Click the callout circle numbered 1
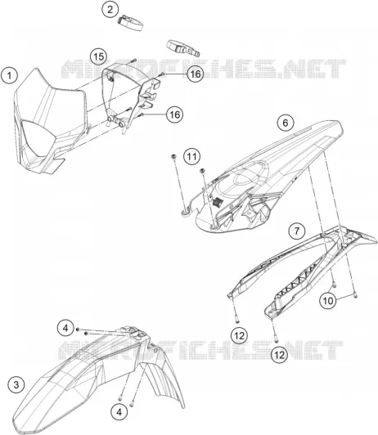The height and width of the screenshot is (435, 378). [x=10, y=75]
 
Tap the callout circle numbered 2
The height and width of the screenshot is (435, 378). [x=110, y=10]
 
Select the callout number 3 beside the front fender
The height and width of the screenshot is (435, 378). [x=16, y=385]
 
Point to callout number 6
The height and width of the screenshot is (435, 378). [x=286, y=123]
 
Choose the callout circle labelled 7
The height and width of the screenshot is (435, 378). [x=297, y=231]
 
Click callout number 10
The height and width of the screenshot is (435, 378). [x=328, y=301]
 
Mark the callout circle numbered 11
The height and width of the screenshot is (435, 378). [x=191, y=157]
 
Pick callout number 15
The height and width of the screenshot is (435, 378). [x=98, y=57]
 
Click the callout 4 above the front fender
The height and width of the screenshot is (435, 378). [x=65, y=328]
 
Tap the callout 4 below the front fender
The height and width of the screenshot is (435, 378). [x=119, y=412]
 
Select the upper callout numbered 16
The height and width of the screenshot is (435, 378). [x=196, y=74]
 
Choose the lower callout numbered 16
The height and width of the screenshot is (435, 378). [x=175, y=114]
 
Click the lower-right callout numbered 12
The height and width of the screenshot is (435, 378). [x=280, y=354]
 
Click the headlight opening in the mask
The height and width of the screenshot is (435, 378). [x=38, y=137]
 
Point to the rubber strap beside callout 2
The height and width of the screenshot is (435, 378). [x=130, y=23]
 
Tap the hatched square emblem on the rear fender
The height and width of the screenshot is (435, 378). [x=217, y=202]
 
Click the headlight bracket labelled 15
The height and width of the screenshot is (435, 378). [x=129, y=97]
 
